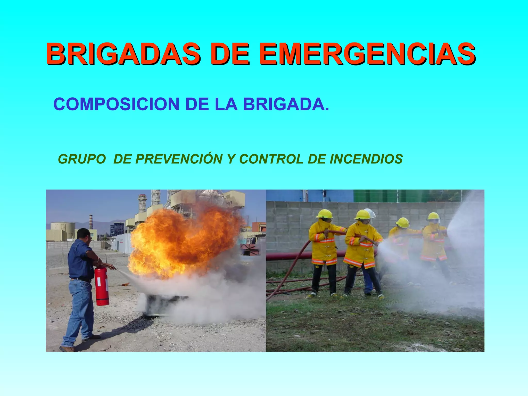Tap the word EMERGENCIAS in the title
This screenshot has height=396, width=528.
coord(367,54)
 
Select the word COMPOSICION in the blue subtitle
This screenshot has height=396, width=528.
coord(116,104)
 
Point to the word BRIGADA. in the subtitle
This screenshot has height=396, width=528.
coord(286,104)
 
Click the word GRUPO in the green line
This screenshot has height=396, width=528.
coord(82,159)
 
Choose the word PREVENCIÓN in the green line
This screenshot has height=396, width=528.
coord(179,159)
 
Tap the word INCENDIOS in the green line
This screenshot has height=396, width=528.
coord(366,159)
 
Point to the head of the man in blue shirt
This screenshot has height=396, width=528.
coord(84,235)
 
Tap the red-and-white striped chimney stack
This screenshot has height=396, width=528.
coord(91,222)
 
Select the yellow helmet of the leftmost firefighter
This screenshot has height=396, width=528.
coord(324,214)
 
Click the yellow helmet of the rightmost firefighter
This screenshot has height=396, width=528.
coord(433,216)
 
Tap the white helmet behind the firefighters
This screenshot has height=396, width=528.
coord(371,213)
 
